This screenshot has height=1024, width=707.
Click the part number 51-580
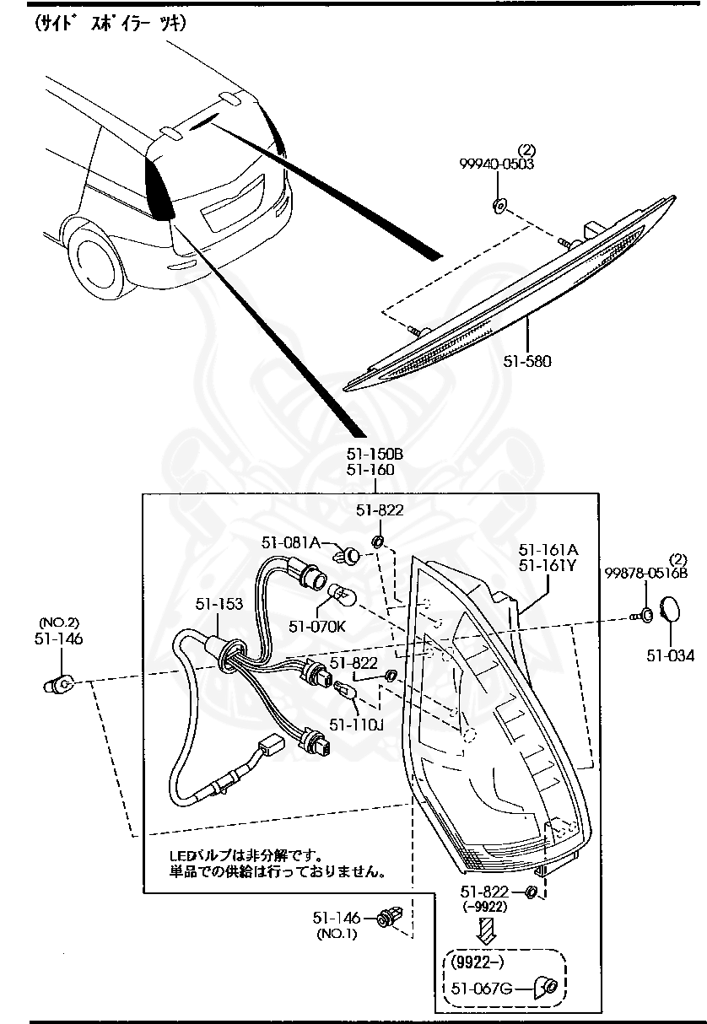[527, 361]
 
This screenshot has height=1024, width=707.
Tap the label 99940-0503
[497, 164]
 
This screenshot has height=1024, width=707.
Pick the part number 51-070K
[317, 626]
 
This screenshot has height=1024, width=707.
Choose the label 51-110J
[356, 723]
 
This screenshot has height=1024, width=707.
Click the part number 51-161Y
[547, 565]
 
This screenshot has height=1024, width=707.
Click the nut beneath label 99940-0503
[499, 204]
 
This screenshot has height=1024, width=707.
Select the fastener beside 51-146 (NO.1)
[389, 917]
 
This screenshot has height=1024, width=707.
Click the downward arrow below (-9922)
[486, 930]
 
